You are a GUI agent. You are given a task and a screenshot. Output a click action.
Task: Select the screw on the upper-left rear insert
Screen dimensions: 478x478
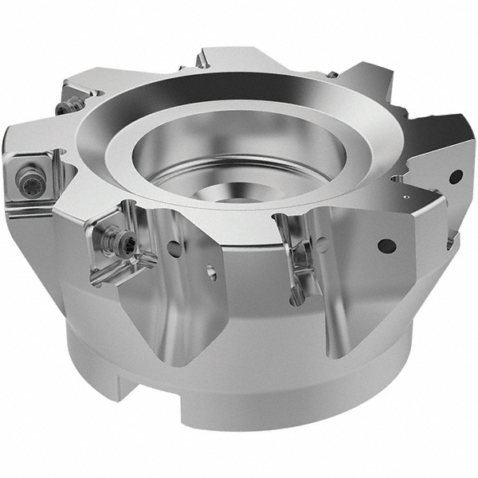click(72, 103)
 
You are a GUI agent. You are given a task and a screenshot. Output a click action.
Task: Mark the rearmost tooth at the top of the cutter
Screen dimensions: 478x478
click(231, 60)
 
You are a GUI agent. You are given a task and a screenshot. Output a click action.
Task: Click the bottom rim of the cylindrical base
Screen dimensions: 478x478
click(263, 426)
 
